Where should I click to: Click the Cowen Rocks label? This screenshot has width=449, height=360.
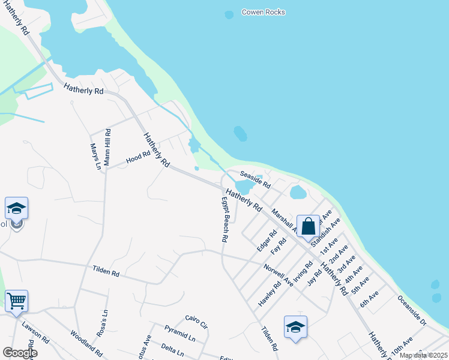[x=263, y=12]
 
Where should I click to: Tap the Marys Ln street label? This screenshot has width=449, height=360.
[x=95, y=156]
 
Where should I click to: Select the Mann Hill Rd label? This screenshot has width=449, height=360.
[x=107, y=146]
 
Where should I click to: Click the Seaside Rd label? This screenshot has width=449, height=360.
[x=255, y=178]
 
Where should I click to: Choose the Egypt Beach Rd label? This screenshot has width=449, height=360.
[x=224, y=219]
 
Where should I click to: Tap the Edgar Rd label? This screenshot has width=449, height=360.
[x=263, y=239]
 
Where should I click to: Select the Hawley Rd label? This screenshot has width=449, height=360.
[x=270, y=294]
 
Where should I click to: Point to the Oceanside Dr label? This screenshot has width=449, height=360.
[x=411, y=310]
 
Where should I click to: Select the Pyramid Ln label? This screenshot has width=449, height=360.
[x=180, y=334]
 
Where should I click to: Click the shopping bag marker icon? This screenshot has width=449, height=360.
[x=308, y=227]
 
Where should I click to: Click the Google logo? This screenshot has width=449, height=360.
[x=20, y=353]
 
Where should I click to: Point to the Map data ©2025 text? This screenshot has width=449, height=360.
[x=423, y=355]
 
